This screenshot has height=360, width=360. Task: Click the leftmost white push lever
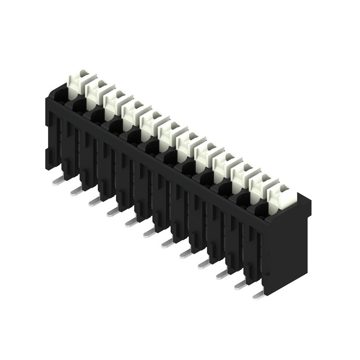(x=80, y=81)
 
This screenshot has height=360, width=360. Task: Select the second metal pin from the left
(x=77, y=191)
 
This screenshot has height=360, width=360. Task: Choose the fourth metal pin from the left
(x=113, y=212)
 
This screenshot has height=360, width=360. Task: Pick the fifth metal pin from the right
(x=186, y=254)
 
